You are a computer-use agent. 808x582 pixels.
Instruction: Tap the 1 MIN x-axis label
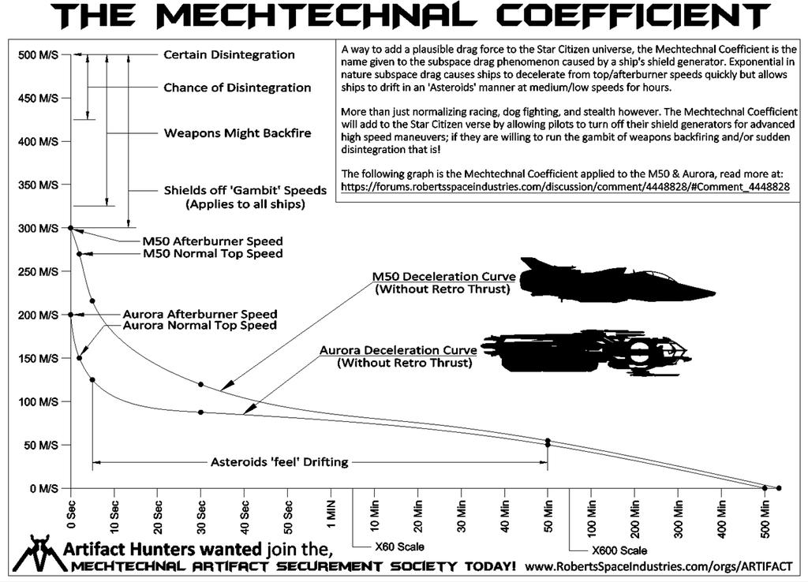pos(331,513)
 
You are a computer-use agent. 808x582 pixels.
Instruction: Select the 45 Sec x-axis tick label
pos(267,513)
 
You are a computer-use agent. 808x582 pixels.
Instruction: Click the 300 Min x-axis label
pos(678,513)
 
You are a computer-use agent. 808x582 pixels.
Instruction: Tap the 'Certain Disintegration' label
pos(229,55)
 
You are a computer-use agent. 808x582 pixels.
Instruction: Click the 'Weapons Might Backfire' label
pos(237,132)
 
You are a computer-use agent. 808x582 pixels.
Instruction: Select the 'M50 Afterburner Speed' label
pos(212,241)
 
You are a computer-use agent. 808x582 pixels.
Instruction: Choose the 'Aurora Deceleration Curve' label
pos(398,350)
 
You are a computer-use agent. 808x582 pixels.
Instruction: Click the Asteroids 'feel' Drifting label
pos(279,462)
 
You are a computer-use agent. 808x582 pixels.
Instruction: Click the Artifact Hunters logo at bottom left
pos(35,554)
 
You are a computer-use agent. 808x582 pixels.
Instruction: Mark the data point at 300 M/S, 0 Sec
pos(71,228)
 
